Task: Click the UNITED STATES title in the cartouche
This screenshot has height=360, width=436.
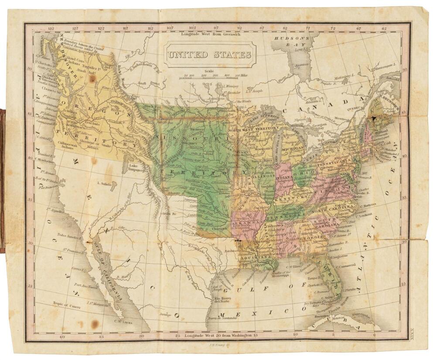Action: click(x=210, y=55)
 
